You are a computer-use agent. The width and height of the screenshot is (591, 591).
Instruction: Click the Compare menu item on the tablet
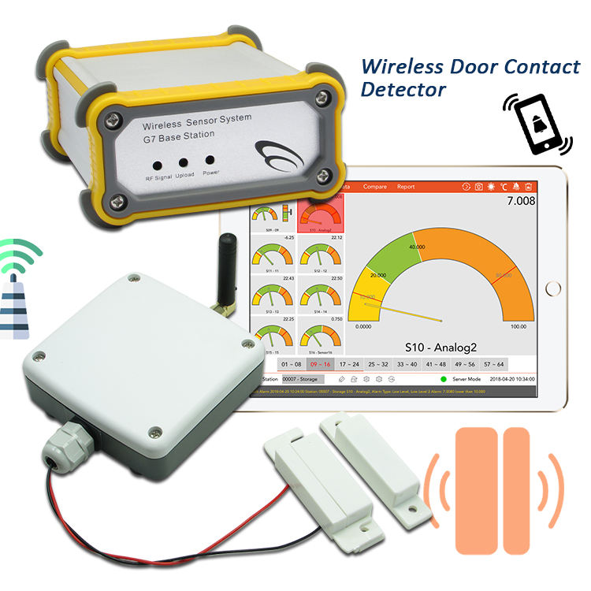375,187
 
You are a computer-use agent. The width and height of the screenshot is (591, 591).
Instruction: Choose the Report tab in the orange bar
406,187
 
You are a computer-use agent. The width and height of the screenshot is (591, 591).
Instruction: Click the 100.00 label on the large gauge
519,326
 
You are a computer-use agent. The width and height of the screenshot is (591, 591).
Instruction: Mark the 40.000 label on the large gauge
417,246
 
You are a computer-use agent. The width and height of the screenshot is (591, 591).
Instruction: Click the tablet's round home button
555,289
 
